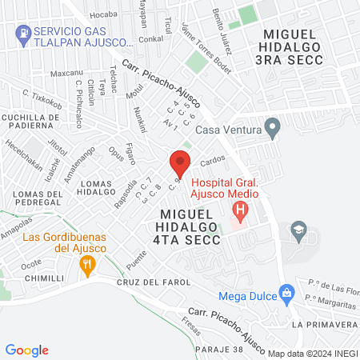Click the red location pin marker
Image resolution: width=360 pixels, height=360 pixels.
[x=180, y=164]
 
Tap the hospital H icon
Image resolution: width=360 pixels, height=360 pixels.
[x=240, y=212]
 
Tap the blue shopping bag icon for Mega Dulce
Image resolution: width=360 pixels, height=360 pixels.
[x=287, y=294]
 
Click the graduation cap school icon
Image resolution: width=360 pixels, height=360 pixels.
[x=299, y=230]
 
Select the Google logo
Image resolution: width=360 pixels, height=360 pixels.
[x=27, y=350]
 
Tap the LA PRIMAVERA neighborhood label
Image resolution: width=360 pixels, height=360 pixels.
[x=325, y=325]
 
